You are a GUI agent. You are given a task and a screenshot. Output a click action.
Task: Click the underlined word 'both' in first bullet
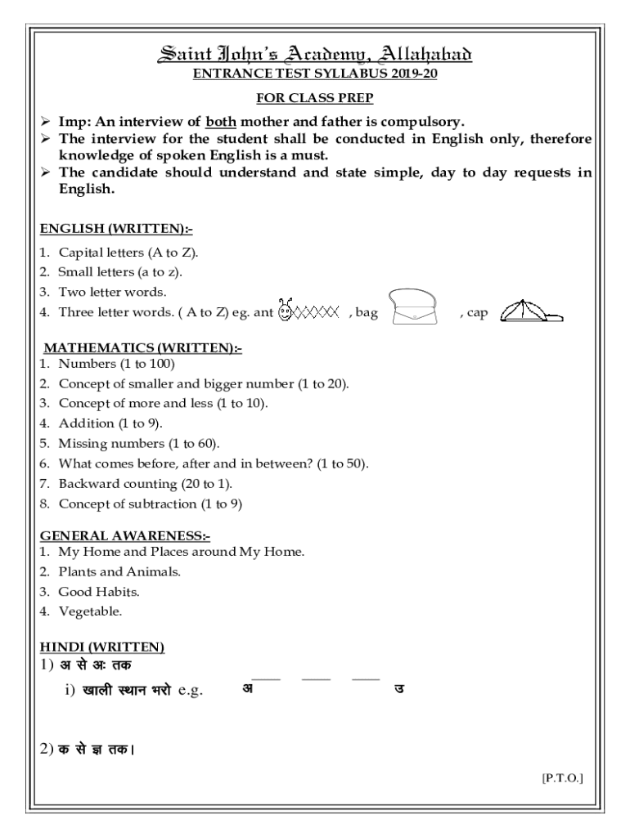click(221, 122)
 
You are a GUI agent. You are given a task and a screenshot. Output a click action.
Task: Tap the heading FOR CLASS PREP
click(314, 98)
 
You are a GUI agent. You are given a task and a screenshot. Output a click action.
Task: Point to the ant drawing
click(308, 311)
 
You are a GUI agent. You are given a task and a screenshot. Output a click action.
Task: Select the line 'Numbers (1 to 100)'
click(116, 363)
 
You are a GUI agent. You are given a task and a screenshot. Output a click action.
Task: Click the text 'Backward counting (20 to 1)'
click(139, 484)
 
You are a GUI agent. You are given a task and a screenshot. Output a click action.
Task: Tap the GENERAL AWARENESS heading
click(125, 536)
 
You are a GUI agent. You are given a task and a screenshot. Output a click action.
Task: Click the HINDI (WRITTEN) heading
click(102, 647)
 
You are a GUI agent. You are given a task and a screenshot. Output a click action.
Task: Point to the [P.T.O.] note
click(562, 779)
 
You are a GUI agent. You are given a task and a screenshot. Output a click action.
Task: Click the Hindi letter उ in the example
click(398, 688)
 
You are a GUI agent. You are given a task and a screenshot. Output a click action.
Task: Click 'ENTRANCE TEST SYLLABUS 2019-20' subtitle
click(314, 74)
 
